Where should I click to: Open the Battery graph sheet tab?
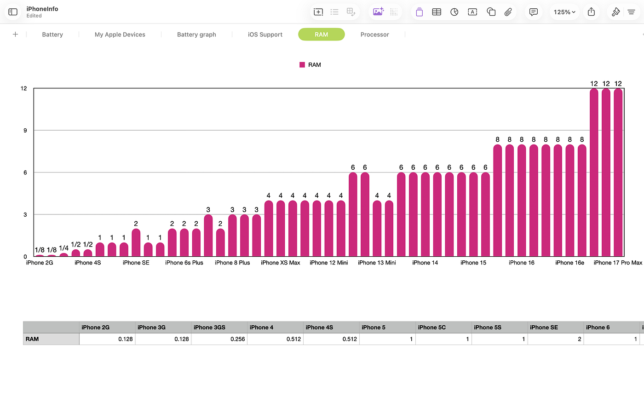[196, 35]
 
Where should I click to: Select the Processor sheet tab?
[374, 35]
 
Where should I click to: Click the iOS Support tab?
[265, 35]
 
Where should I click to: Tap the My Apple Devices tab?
[120, 35]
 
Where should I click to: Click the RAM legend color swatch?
[302, 65]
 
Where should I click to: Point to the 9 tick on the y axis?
[25, 131]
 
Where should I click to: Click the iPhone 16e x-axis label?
[569, 263]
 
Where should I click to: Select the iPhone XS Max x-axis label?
[280, 263]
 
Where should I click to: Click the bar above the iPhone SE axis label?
[136, 242]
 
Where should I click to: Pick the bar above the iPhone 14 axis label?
[425, 214]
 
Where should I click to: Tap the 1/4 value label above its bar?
[63, 248]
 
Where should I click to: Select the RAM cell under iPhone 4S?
[331, 339]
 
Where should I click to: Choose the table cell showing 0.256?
[219, 339]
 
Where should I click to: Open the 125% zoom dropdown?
[564, 12]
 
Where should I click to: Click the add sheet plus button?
[16, 35]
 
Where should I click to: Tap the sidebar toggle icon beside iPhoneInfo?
[13, 12]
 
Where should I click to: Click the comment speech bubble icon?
[533, 12]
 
